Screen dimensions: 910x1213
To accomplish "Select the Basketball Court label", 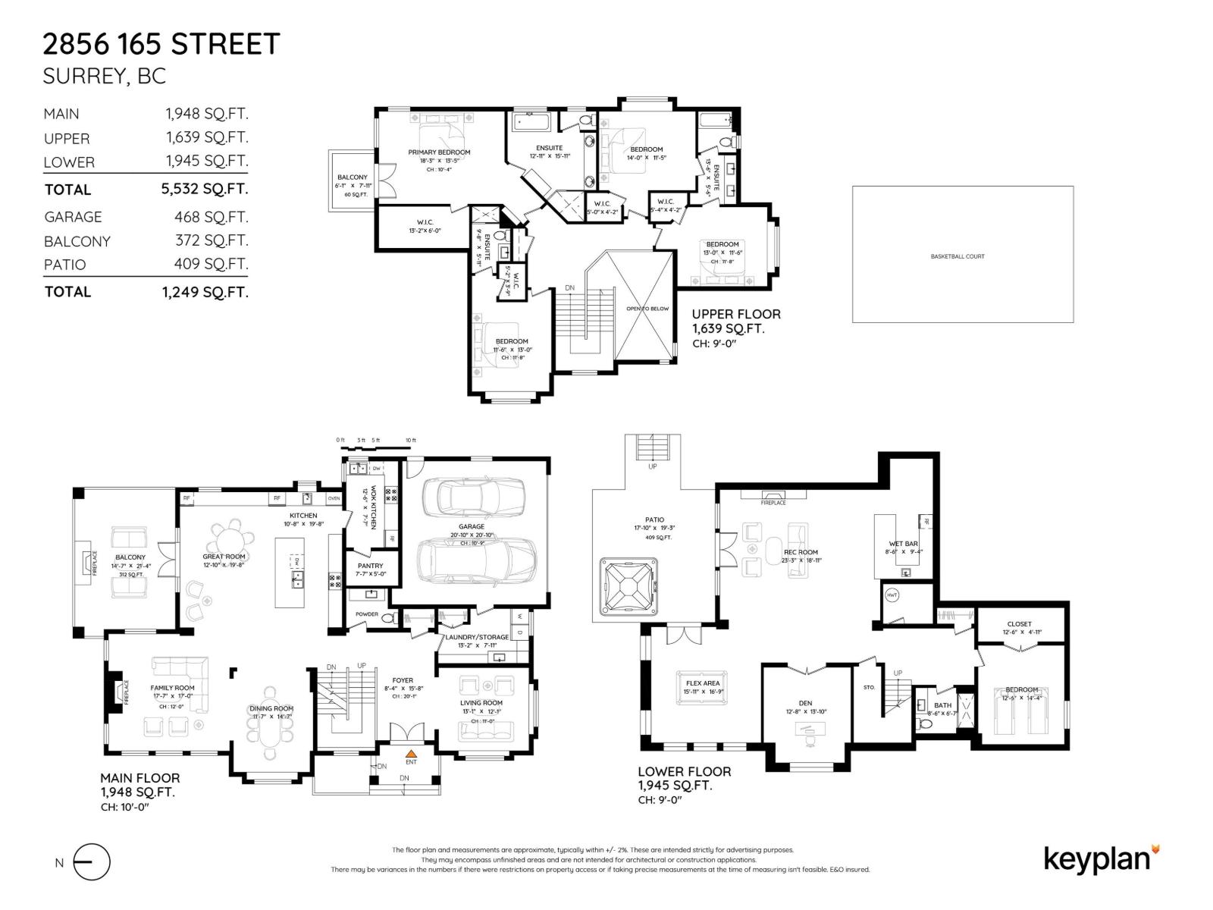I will pos(957,256).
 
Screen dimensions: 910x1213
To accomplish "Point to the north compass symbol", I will pos(91,862).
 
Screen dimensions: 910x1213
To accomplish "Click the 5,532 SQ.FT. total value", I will pos(205,190).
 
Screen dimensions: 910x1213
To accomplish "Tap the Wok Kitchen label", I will pos(373,507).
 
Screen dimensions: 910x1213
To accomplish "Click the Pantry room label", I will pos(370,566).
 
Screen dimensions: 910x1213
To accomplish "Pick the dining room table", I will pos(271,733).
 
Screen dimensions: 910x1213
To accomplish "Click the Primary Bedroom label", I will pos(439,152).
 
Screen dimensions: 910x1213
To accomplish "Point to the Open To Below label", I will pos(647,309).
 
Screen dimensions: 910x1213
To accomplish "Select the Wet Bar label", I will pos(903,544).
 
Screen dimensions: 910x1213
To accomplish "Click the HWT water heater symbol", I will pos(892,595).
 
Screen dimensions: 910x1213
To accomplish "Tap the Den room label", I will pos(805,703).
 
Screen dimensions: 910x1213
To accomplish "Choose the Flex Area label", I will pos(703,683).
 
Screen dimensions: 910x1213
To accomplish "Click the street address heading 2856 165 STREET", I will pos(161,44).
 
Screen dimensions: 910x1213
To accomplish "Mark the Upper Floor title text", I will pos(735,314).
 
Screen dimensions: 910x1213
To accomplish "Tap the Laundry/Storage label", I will pos(477,638).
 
